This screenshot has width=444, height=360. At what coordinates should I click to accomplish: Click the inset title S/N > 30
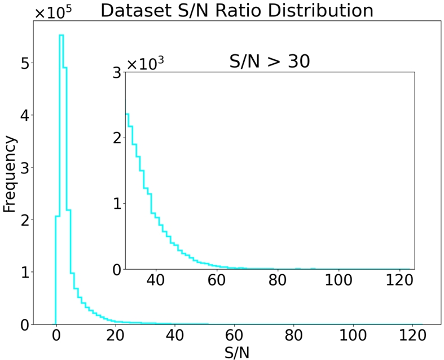click(270, 61)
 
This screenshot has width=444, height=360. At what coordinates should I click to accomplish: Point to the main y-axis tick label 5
click(24, 63)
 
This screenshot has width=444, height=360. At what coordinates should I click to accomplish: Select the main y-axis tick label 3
click(24, 168)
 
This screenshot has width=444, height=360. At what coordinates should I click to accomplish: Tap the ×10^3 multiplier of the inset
click(144, 63)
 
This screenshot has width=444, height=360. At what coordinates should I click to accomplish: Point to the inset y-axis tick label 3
click(116, 72)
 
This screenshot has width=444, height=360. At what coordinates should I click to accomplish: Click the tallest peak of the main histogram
click(61, 36)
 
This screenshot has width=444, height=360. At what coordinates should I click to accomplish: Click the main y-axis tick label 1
click(24, 273)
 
